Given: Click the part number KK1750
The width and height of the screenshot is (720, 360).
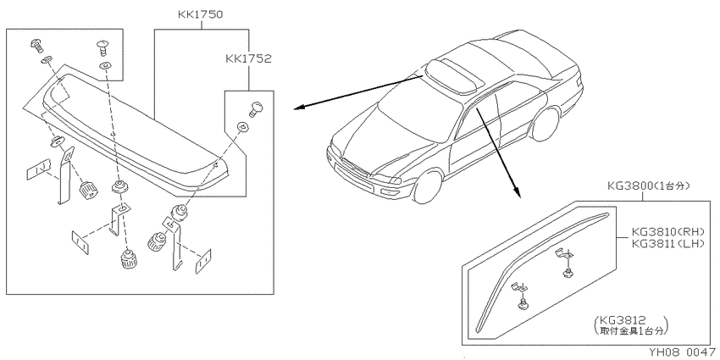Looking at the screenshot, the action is (201, 14).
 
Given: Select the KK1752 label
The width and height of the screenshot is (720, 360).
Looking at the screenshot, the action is (248, 58).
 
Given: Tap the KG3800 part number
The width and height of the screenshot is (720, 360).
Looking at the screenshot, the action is (629, 186).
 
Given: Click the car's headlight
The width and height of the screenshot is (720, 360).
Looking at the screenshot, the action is (396, 180).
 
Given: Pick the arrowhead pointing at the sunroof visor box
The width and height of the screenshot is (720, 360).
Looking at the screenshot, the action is (298, 108).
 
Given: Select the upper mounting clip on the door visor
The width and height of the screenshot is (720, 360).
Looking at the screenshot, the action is (566, 263).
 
